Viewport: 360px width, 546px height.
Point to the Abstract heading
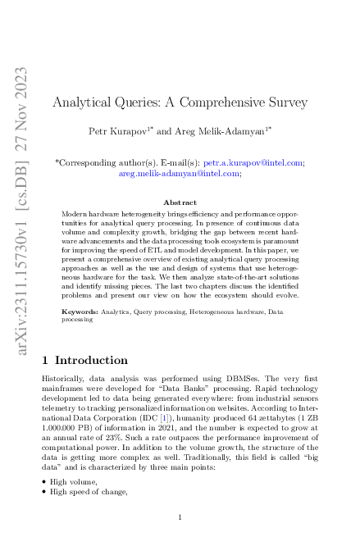point(180,202)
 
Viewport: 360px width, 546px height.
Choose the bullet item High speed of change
point(89,491)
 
